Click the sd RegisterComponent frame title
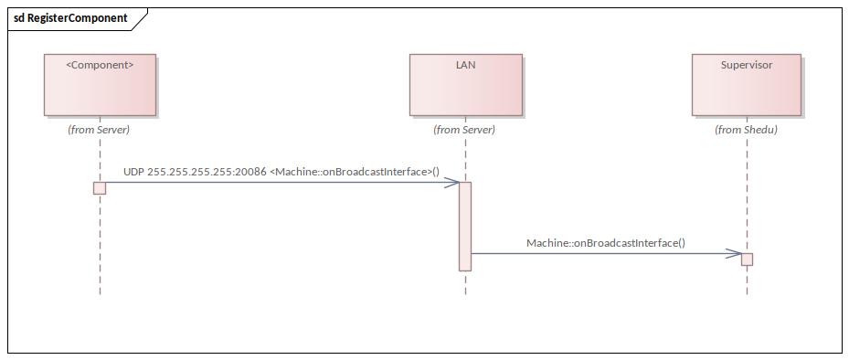click(x=70, y=17)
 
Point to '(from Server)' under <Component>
click(x=99, y=130)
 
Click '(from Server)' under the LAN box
click(x=464, y=130)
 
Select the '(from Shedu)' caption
click(x=746, y=130)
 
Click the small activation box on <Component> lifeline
click(x=100, y=187)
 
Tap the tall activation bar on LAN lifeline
click(x=464, y=226)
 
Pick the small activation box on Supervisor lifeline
click(x=747, y=259)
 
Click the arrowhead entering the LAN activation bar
click(x=451, y=183)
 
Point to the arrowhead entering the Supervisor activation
click(x=733, y=253)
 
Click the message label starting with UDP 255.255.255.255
click(x=281, y=172)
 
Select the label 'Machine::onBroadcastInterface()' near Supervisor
click(x=605, y=243)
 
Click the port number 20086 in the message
click(x=251, y=172)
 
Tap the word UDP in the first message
click(x=133, y=172)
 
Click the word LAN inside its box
click(x=465, y=66)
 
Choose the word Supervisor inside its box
click(x=746, y=66)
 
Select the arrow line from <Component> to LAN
click(x=274, y=183)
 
